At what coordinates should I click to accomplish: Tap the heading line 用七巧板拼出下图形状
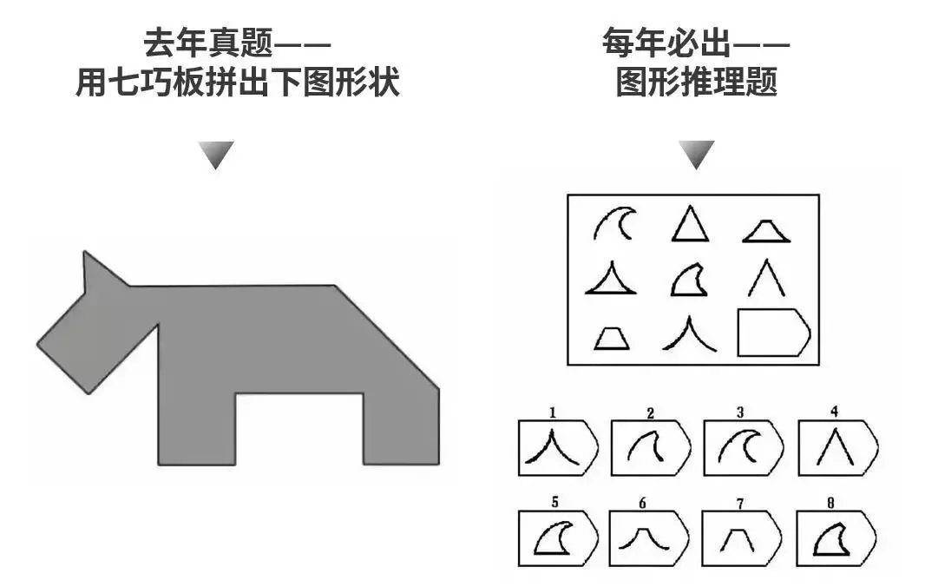tap(237, 82)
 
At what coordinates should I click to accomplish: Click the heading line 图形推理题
tap(696, 82)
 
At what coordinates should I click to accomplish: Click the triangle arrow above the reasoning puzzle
tap(696, 155)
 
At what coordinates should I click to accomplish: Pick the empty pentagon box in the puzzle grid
tap(772, 333)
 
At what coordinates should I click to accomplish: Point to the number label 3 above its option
tap(739, 412)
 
